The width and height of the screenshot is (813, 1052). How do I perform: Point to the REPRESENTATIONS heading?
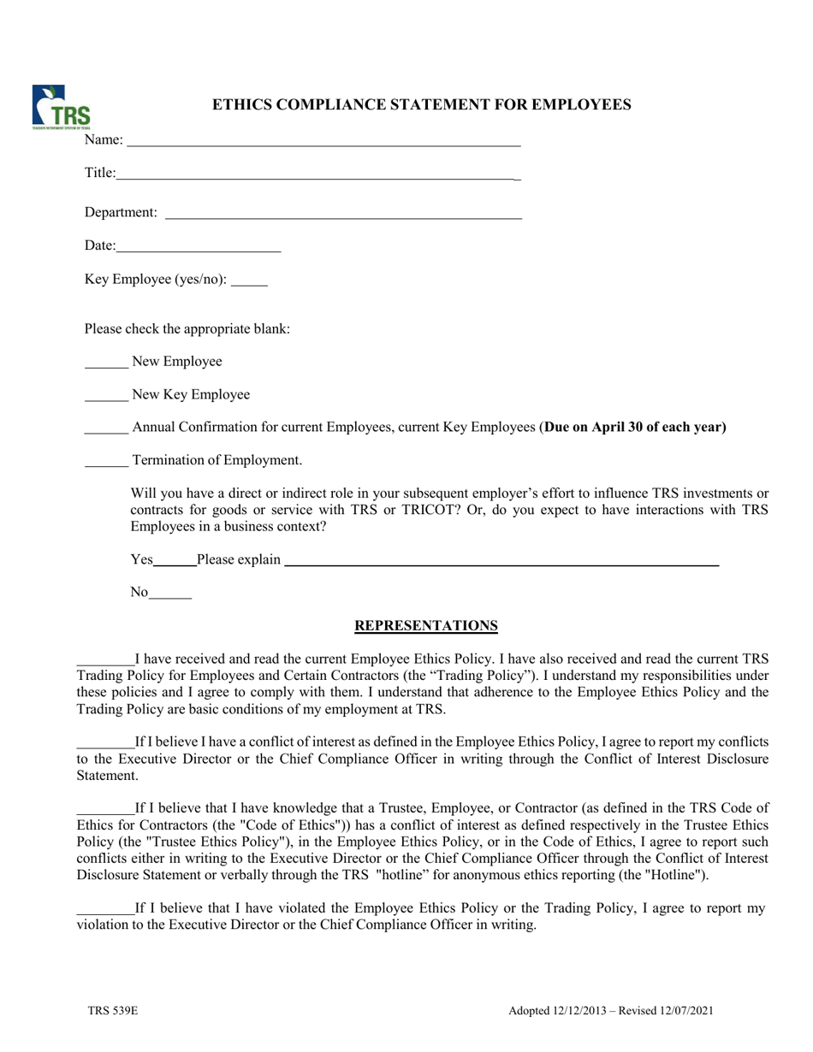pyautogui.click(x=426, y=626)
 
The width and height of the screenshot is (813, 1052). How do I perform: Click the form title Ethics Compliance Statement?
pyautogui.click(x=422, y=105)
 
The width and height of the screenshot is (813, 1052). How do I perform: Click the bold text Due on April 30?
pyautogui.click(x=634, y=427)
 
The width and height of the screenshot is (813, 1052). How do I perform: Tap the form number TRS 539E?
pyautogui.click(x=112, y=1011)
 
